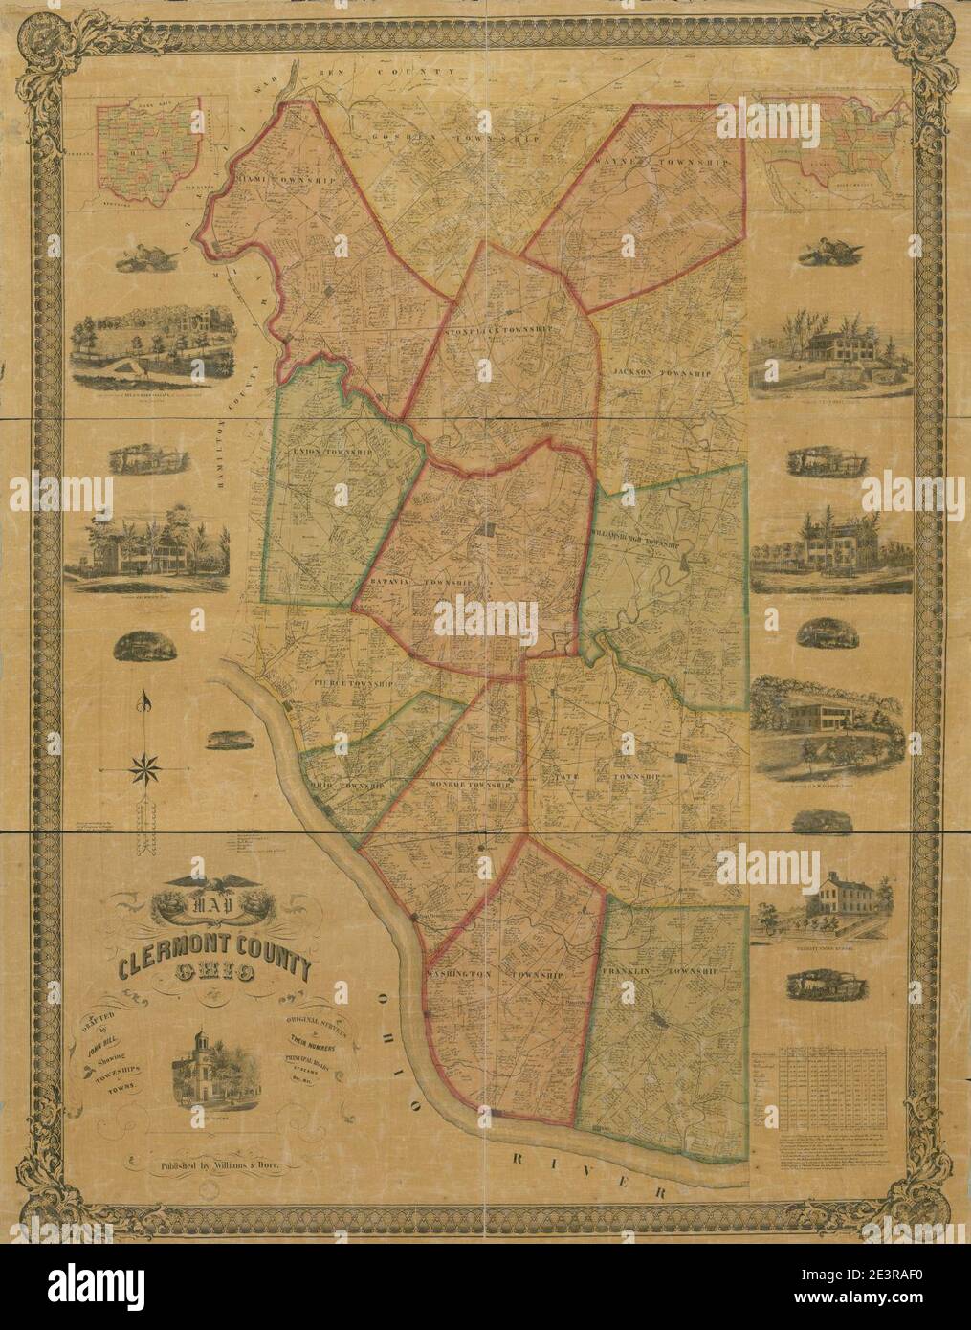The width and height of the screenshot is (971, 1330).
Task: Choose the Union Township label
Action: (322, 451)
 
